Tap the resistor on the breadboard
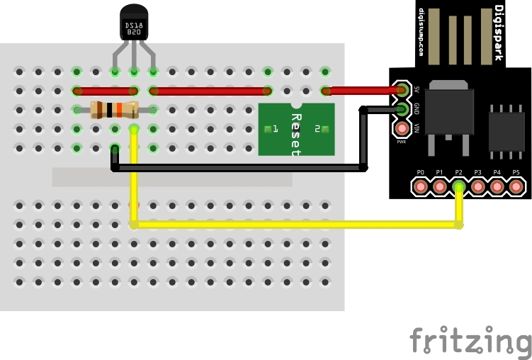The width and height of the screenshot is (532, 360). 114,110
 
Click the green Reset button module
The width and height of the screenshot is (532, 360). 296,129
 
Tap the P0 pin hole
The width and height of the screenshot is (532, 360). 420,187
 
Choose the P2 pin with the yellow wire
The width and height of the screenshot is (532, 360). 459,187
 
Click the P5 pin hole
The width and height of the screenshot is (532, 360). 516,187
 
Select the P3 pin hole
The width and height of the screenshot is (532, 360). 478,187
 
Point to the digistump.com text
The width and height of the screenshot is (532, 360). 421,33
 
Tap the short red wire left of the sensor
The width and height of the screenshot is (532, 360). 105,91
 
